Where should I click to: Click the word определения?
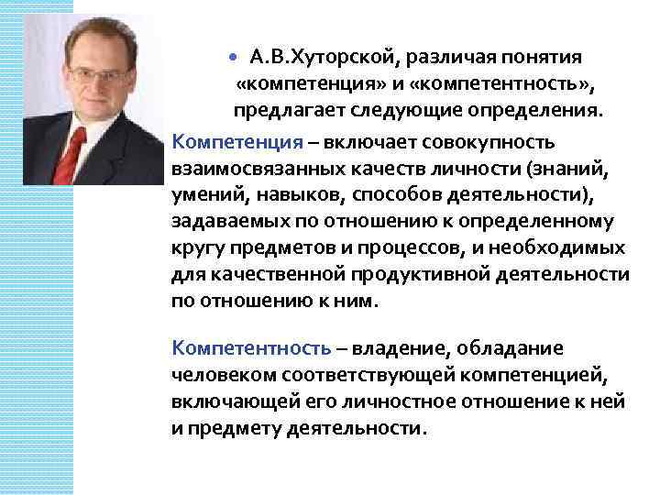(536, 113)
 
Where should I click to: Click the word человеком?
(217, 375)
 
